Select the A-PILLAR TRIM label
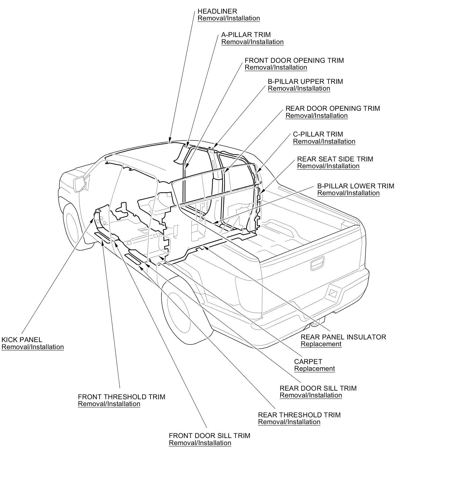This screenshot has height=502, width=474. (x=246, y=35)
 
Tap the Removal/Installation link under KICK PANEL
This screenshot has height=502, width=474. (x=33, y=347)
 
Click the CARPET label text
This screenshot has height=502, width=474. (x=308, y=362)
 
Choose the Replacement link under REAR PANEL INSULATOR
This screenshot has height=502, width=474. (x=321, y=344)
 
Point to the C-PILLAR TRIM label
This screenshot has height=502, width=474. (x=318, y=134)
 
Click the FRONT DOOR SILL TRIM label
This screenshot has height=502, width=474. (x=209, y=436)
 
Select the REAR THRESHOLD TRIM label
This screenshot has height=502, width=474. (x=299, y=415)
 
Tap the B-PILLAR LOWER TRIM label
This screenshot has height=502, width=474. (x=355, y=186)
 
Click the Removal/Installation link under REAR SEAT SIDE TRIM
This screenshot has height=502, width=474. (x=328, y=166)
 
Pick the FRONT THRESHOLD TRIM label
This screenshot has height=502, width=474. (x=121, y=397)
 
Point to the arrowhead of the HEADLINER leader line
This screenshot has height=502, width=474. (x=170, y=142)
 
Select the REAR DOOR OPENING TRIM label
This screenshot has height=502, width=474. (x=332, y=108)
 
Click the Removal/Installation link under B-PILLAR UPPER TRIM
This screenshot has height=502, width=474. (x=299, y=89)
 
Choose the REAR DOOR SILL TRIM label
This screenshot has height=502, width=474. (x=318, y=388)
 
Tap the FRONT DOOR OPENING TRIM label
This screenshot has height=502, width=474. (x=294, y=60)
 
